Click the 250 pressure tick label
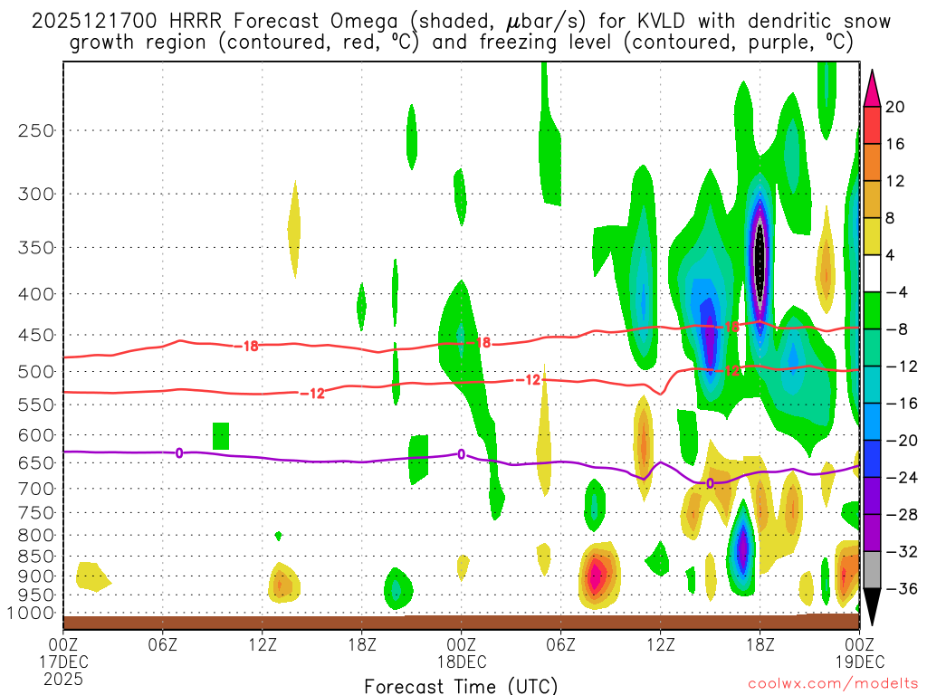[36, 130]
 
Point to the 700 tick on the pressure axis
[36, 489]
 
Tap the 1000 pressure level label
[33, 614]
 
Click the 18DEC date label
[462, 661]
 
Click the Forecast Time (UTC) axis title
[461, 685]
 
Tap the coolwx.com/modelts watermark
[832, 686]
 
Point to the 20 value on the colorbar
[895, 107]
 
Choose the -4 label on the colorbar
[895, 292]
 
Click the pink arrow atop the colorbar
[872, 88]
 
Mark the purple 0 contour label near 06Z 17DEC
[179, 452]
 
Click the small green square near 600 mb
[221, 435]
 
